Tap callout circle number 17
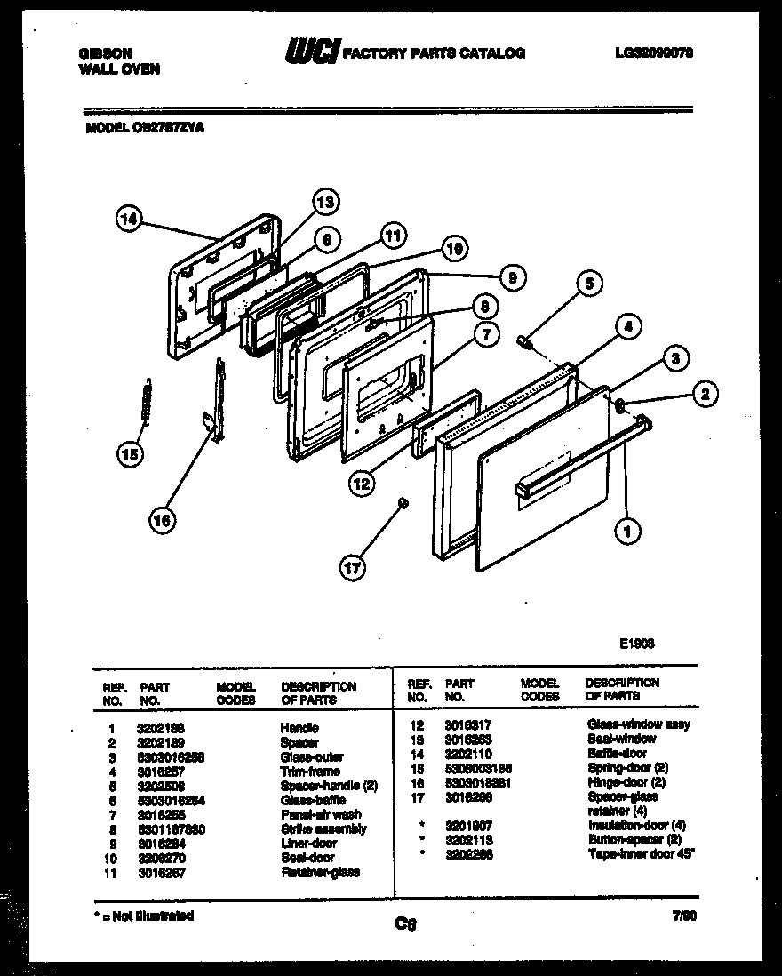[x=354, y=566]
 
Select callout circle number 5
[x=588, y=284]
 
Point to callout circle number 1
[x=627, y=532]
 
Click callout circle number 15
[x=131, y=455]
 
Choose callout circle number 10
[x=455, y=250]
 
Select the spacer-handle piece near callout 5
[x=526, y=340]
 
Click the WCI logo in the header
[x=309, y=53]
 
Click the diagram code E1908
[x=637, y=644]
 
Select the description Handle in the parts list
[x=299, y=728]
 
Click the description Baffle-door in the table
[x=617, y=753]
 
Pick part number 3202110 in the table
[x=467, y=753]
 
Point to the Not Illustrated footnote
[x=143, y=915]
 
